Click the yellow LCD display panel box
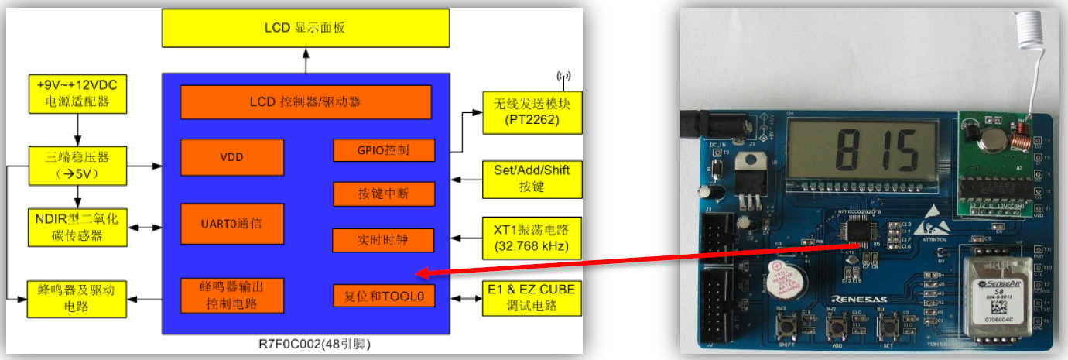coord(305,27)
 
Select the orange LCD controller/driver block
coord(305,101)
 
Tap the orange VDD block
coord(231,157)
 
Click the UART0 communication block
coord(231,224)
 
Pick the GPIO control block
coord(383,150)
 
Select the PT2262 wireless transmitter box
coord(531,111)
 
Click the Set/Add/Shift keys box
coord(531,178)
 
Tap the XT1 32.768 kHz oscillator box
coord(531,238)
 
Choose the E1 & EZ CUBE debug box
coord(531,298)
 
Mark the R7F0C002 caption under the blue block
coord(305,344)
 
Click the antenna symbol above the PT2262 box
coord(563,77)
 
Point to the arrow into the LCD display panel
coord(305,58)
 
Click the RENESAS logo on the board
coord(861,298)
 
